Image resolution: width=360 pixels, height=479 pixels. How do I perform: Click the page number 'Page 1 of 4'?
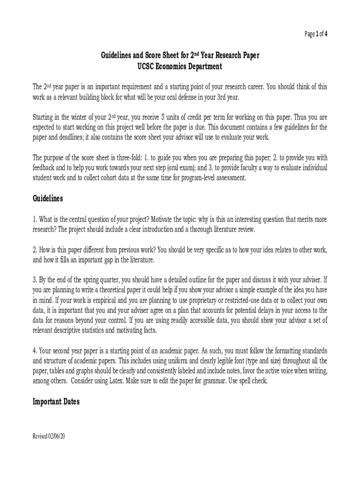tap(316, 34)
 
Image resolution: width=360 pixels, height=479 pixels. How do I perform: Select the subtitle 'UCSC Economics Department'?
tap(180, 66)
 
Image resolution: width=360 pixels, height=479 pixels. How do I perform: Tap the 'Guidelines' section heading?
tap(48, 198)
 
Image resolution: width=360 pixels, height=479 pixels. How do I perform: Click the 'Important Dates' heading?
tap(56, 401)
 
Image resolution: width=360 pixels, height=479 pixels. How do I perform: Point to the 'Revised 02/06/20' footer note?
tap(49, 436)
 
